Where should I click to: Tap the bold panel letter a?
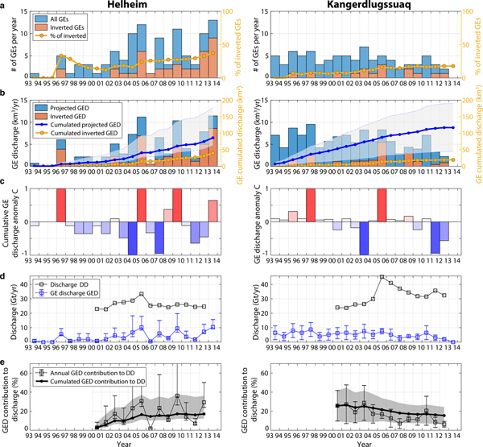pyautogui.click(x=4, y=9)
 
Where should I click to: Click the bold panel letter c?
pyautogui.click(x=4, y=189)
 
